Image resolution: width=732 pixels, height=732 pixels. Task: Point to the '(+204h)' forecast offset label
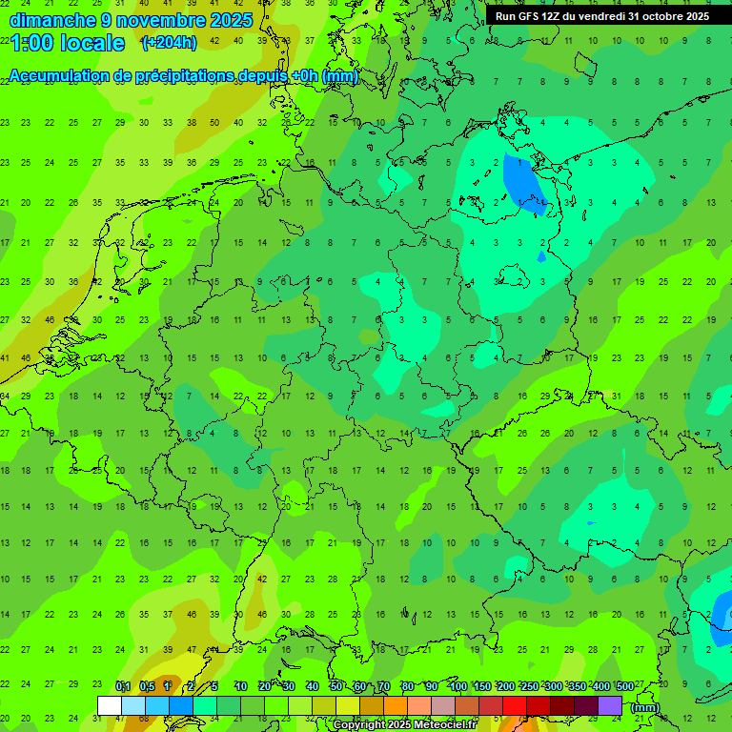[x=169, y=42]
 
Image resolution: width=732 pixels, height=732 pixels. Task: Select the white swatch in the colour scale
[x=110, y=705]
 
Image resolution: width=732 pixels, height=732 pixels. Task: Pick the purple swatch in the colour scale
[x=610, y=705]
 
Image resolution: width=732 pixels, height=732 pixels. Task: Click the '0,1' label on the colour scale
[x=123, y=686]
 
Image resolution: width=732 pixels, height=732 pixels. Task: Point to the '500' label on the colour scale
[x=624, y=686]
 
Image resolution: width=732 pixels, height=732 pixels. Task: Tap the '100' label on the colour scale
[x=457, y=686]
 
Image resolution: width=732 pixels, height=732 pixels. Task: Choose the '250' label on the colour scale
[x=529, y=686]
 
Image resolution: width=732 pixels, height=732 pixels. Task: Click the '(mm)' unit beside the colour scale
[x=645, y=707]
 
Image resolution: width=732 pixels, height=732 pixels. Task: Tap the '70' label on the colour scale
[x=384, y=686]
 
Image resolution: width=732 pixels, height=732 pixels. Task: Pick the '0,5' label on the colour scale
[x=147, y=686]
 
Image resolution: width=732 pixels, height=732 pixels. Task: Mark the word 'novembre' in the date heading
[x=152, y=20]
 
